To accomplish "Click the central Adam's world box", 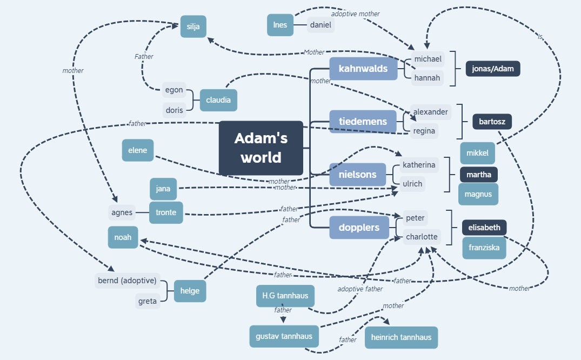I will [x=261, y=148].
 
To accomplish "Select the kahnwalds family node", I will [x=363, y=69].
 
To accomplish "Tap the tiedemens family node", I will [x=363, y=122].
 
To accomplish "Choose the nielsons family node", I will [x=357, y=175].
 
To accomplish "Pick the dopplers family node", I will [x=359, y=228].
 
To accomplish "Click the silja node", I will [x=193, y=26].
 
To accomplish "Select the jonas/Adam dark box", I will [x=493, y=69].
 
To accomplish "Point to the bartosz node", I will [x=492, y=122].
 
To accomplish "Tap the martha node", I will [x=478, y=175].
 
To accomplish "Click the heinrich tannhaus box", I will [x=401, y=337].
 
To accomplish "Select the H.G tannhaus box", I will [x=285, y=296].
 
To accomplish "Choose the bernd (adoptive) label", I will [x=128, y=281].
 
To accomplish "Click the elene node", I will [x=138, y=150].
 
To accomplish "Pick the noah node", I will [x=123, y=237].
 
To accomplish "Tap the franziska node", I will [x=484, y=248].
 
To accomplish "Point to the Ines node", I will [x=280, y=25].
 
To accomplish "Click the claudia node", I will [x=218, y=100].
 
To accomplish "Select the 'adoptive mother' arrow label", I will [x=355, y=14].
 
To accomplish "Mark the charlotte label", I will [x=422, y=237].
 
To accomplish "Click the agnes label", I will [x=122, y=212].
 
